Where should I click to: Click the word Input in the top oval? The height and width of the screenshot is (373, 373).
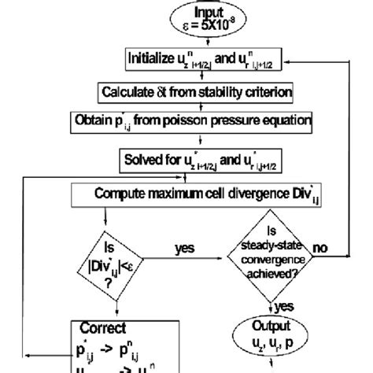point(186,11)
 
